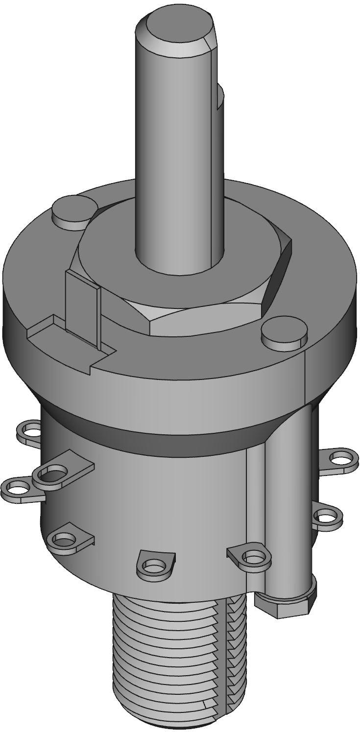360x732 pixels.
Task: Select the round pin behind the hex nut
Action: [x=72, y=211]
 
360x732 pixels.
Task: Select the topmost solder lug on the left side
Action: [x=30, y=431]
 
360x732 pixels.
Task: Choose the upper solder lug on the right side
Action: [x=339, y=459]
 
